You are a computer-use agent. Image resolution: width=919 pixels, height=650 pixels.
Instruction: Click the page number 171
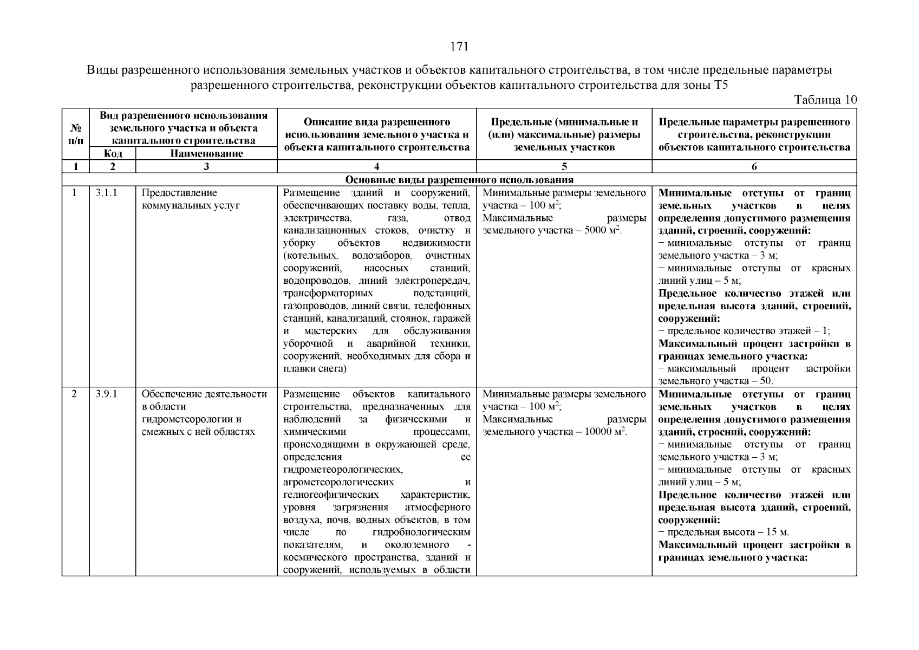459,47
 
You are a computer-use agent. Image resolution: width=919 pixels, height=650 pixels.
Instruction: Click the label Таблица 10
825,100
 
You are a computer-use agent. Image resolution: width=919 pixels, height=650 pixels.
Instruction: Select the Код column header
112,154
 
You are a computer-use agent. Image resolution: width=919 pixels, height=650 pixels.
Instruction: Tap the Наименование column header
206,154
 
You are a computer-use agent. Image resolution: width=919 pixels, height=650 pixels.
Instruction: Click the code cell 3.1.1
107,193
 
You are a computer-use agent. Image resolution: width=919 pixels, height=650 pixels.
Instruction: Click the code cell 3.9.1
107,394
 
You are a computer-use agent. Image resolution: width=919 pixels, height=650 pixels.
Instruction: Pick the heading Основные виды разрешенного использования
459,180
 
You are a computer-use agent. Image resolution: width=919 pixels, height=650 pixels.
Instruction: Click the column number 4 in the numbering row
376,167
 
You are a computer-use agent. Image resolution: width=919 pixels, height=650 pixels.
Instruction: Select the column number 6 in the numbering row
754,167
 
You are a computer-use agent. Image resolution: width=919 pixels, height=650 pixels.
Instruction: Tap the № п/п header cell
76,135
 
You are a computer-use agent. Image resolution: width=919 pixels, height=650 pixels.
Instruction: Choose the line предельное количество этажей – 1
744,331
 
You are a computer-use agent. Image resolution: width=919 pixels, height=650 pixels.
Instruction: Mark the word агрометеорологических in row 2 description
338,482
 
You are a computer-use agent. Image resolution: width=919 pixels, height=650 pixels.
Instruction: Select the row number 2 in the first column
75,394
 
